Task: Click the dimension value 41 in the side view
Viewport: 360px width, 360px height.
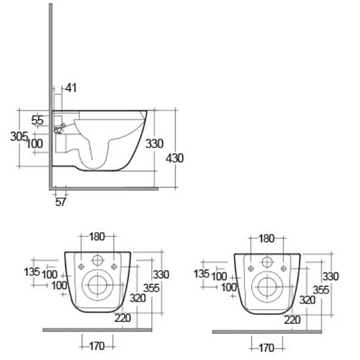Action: (x=71, y=88)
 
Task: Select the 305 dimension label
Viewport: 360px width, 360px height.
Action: (x=19, y=136)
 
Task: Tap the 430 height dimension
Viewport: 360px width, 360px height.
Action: (x=175, y=158)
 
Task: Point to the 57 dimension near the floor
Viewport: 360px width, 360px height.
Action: (x=61, y=202)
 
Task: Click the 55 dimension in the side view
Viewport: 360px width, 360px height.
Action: (x=37, y=121)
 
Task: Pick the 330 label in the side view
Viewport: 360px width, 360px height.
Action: (x=154, y=144)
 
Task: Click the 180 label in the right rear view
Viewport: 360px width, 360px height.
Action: (x=266, y=238)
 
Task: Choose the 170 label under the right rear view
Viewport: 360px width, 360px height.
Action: (x=266, y=347)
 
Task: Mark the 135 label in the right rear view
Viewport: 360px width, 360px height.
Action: (x=202, y=274)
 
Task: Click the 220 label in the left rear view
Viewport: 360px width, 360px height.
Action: (x=122, y=319)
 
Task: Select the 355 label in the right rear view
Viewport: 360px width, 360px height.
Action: (x=322, y=290)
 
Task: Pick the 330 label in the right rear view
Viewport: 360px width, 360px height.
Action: (x=331, y=277)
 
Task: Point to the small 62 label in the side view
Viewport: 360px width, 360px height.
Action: (x=58, y=130)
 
